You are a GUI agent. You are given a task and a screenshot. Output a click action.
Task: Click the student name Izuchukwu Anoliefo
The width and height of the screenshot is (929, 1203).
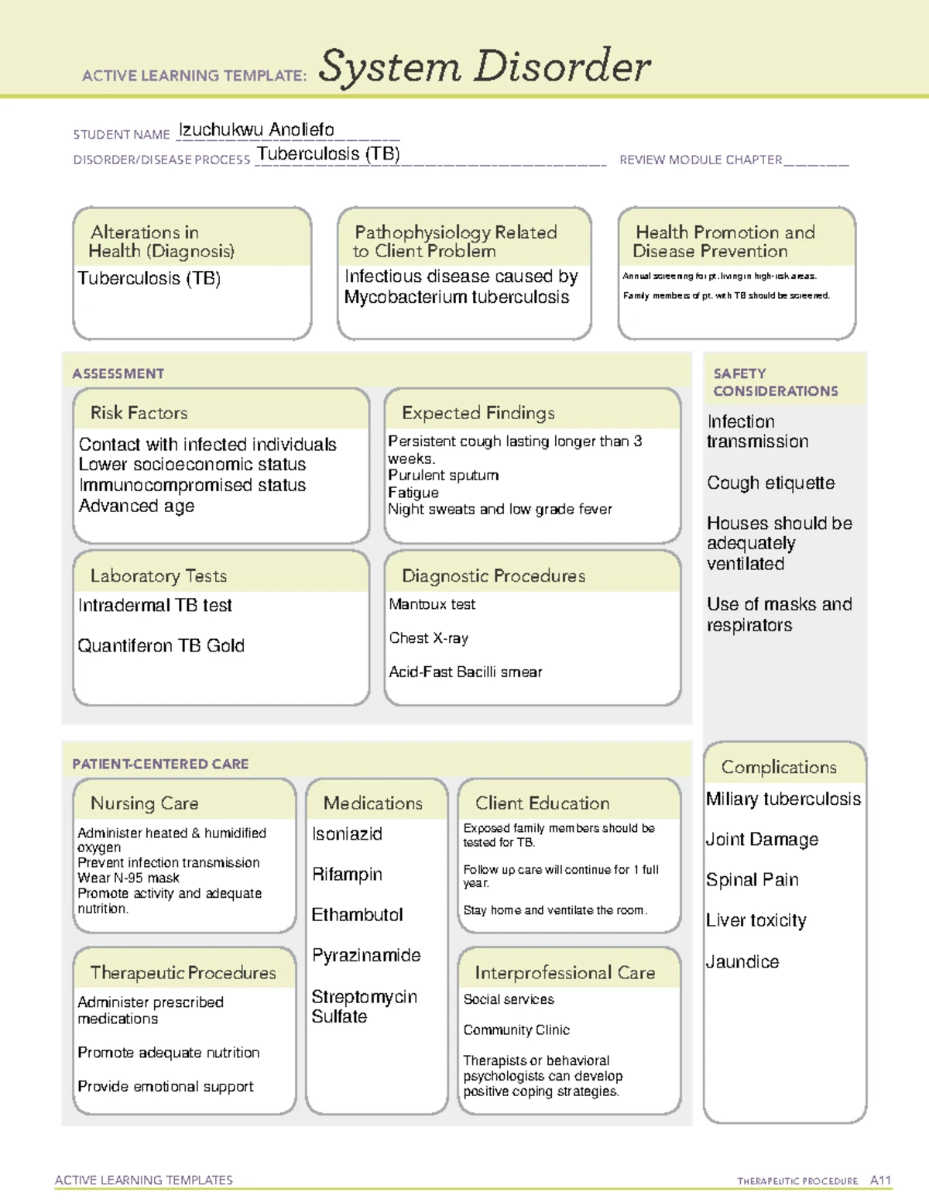pos(256,130)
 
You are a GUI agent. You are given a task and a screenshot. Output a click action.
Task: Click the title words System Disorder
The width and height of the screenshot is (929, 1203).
pos(485,67)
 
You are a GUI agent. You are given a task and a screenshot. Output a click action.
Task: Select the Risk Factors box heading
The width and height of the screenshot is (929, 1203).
pos(139,413)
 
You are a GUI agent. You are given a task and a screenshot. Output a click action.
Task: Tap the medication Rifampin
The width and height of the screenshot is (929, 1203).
pos(347,875)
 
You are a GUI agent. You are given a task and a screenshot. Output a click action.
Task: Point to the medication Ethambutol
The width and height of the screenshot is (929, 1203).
pos(357,915)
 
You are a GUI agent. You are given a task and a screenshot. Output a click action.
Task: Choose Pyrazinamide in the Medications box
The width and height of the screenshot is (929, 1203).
pos(366,956)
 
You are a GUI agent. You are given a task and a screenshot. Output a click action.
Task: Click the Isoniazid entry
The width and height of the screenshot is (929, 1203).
pos(347,834)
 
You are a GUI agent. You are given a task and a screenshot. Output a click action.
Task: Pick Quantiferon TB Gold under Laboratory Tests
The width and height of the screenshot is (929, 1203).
pos(161,646)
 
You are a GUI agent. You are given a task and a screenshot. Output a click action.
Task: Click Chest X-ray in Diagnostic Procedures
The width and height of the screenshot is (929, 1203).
pos(428,638)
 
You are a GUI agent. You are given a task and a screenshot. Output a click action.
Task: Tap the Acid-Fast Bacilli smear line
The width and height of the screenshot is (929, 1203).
pos(465,672)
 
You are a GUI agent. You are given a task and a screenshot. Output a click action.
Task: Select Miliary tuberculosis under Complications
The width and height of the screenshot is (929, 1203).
pos(783,799)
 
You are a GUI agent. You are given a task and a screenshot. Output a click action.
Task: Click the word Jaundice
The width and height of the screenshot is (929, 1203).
pos(742,962)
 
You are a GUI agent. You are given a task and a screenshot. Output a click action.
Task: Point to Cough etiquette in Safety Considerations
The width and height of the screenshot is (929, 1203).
pos(770,483)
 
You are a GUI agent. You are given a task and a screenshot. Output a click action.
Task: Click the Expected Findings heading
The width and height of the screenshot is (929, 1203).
pos(478,413)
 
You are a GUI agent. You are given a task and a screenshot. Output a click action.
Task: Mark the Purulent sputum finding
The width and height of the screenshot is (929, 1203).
pos(443,476)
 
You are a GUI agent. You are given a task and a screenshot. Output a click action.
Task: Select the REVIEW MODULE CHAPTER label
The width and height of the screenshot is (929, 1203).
pos(701,160)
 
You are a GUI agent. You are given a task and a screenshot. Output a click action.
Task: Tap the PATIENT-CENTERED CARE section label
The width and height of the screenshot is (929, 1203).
pos(160,764)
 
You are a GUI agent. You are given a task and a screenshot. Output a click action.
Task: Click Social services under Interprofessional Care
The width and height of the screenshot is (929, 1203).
pos(509,1000)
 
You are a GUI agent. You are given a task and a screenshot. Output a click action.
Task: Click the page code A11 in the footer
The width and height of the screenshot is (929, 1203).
pos(880,1181)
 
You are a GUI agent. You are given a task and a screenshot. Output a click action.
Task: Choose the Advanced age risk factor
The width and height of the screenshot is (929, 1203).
pos(136,507)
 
